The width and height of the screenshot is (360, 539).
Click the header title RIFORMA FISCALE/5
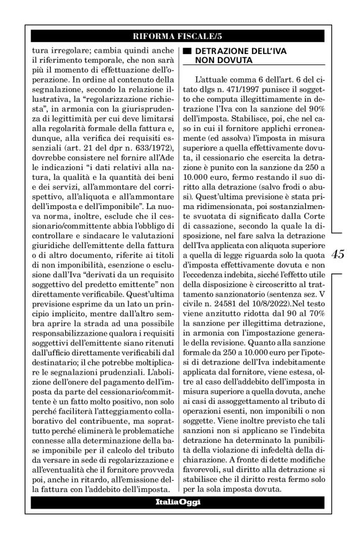tap(180, 35)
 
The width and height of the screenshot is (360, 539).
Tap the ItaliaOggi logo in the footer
tap(178, 501)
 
